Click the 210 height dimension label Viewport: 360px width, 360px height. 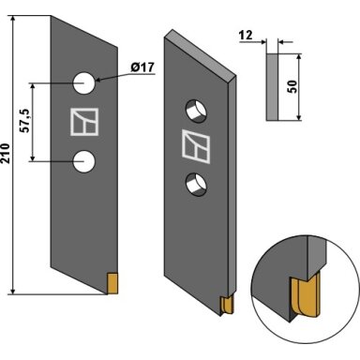click(x=6, y=153)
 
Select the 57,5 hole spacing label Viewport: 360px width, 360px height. click(x=25, y=121)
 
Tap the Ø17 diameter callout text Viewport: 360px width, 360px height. click(x=142, y=67)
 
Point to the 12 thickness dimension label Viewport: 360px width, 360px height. click(x=246, y=35)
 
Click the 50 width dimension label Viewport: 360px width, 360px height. click(x=292, y=86)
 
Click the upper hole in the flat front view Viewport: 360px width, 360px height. click(x=83, y=83)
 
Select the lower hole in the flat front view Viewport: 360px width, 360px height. click(x=83, y=161)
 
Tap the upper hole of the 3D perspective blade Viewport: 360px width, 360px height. click(x=197, y=112)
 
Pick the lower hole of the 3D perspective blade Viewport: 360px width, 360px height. click(x=197, y=185)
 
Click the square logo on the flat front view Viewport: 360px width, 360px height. click(x=84, y=122)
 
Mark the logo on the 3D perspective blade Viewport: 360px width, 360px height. click(x=196, y=146)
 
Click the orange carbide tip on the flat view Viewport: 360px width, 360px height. click(x=112, y=283)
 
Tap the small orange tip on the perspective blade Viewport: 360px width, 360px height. click(x=227, y=305)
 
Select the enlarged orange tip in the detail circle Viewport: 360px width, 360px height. click(x=307, y=295)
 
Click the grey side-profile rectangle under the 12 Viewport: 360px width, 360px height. click(x=272, y=87)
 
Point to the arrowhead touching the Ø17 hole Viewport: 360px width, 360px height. click(x=97, y=80)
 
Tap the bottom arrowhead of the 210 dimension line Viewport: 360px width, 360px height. click(x=13, y=290)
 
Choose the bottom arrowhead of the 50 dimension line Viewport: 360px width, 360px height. click(x=299, y=116)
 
